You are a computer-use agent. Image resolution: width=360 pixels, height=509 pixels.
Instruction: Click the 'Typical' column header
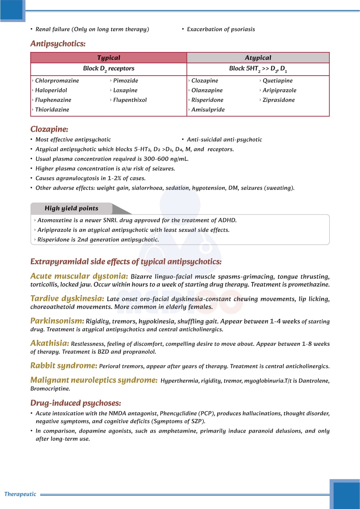tap(109, 58)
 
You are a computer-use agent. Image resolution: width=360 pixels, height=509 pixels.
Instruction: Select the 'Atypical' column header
tap(258, 58)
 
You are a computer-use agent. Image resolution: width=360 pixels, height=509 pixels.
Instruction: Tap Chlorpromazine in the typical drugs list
tap(57, 81)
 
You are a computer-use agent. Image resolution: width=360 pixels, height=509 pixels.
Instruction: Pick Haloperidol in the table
tap(51, 90)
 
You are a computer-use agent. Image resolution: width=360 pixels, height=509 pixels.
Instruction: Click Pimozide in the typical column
tap(126, 81)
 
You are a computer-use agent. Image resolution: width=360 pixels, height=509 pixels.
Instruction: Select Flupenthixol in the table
tap(130, 100)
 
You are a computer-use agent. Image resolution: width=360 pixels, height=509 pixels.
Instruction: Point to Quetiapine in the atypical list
tap(278, 81)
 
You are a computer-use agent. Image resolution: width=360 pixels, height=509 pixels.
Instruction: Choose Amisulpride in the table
tap(208, 110)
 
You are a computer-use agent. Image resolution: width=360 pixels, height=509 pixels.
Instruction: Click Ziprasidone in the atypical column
tap(278, 100)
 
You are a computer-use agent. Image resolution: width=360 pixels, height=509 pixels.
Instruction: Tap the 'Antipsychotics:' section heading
tap(58, 44)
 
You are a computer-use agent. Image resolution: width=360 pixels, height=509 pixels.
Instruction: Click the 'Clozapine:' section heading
tap(49, 129)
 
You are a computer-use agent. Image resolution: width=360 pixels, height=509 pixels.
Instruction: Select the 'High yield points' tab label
tap(72, 208)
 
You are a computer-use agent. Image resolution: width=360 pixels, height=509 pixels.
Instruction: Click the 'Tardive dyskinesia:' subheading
tap(67, 299)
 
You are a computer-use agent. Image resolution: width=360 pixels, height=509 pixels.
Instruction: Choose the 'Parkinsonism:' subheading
tap(57, 321)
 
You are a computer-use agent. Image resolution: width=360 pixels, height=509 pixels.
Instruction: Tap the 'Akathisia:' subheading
tap(50, 343)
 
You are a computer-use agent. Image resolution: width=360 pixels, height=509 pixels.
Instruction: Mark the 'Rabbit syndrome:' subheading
tap(64, 366)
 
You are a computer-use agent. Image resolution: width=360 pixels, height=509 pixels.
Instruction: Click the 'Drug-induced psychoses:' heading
tap(76, 403)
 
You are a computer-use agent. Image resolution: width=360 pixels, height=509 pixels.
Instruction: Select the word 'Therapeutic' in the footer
tap(20, 494)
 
